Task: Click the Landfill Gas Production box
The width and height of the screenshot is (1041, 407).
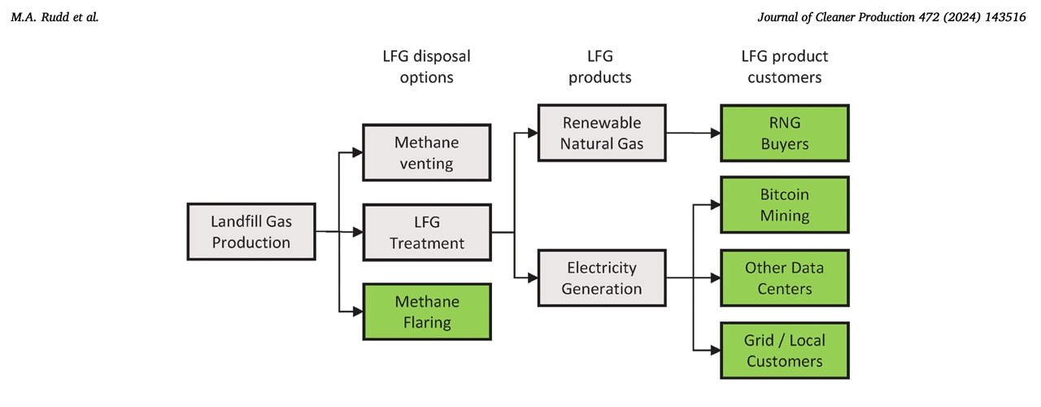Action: point(250,232)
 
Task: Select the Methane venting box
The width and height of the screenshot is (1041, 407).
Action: point(426,153)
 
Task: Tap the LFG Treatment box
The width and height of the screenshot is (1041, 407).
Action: point(426,232)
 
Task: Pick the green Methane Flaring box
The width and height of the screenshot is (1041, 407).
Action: point(426,312)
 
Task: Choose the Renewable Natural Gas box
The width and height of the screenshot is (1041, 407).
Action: point(601,133)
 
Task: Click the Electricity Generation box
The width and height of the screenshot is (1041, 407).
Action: point(601,278)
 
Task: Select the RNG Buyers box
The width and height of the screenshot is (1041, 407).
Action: point(784,133)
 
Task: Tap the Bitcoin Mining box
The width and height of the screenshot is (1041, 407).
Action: point(784,205)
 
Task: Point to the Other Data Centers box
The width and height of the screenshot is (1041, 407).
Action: point(784,278)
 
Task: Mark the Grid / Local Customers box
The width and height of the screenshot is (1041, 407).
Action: point(784,351)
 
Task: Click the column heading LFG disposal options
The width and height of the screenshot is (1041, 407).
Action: point(426,68)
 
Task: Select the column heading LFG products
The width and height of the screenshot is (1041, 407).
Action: point(600,68)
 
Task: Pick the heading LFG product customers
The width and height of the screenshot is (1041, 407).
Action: point(784,68)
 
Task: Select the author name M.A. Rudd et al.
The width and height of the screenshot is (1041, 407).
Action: point(54,16)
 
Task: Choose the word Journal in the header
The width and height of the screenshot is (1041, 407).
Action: point(779,16)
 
